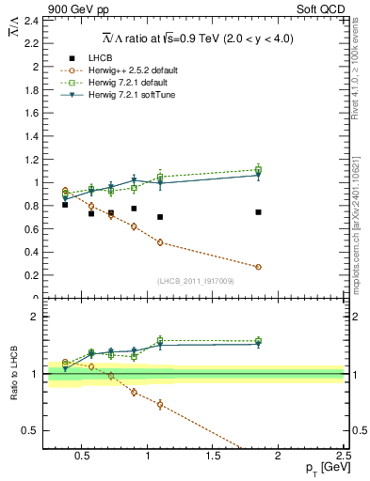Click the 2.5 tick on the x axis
coord(343,458)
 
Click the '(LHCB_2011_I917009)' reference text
coord(194,281)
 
